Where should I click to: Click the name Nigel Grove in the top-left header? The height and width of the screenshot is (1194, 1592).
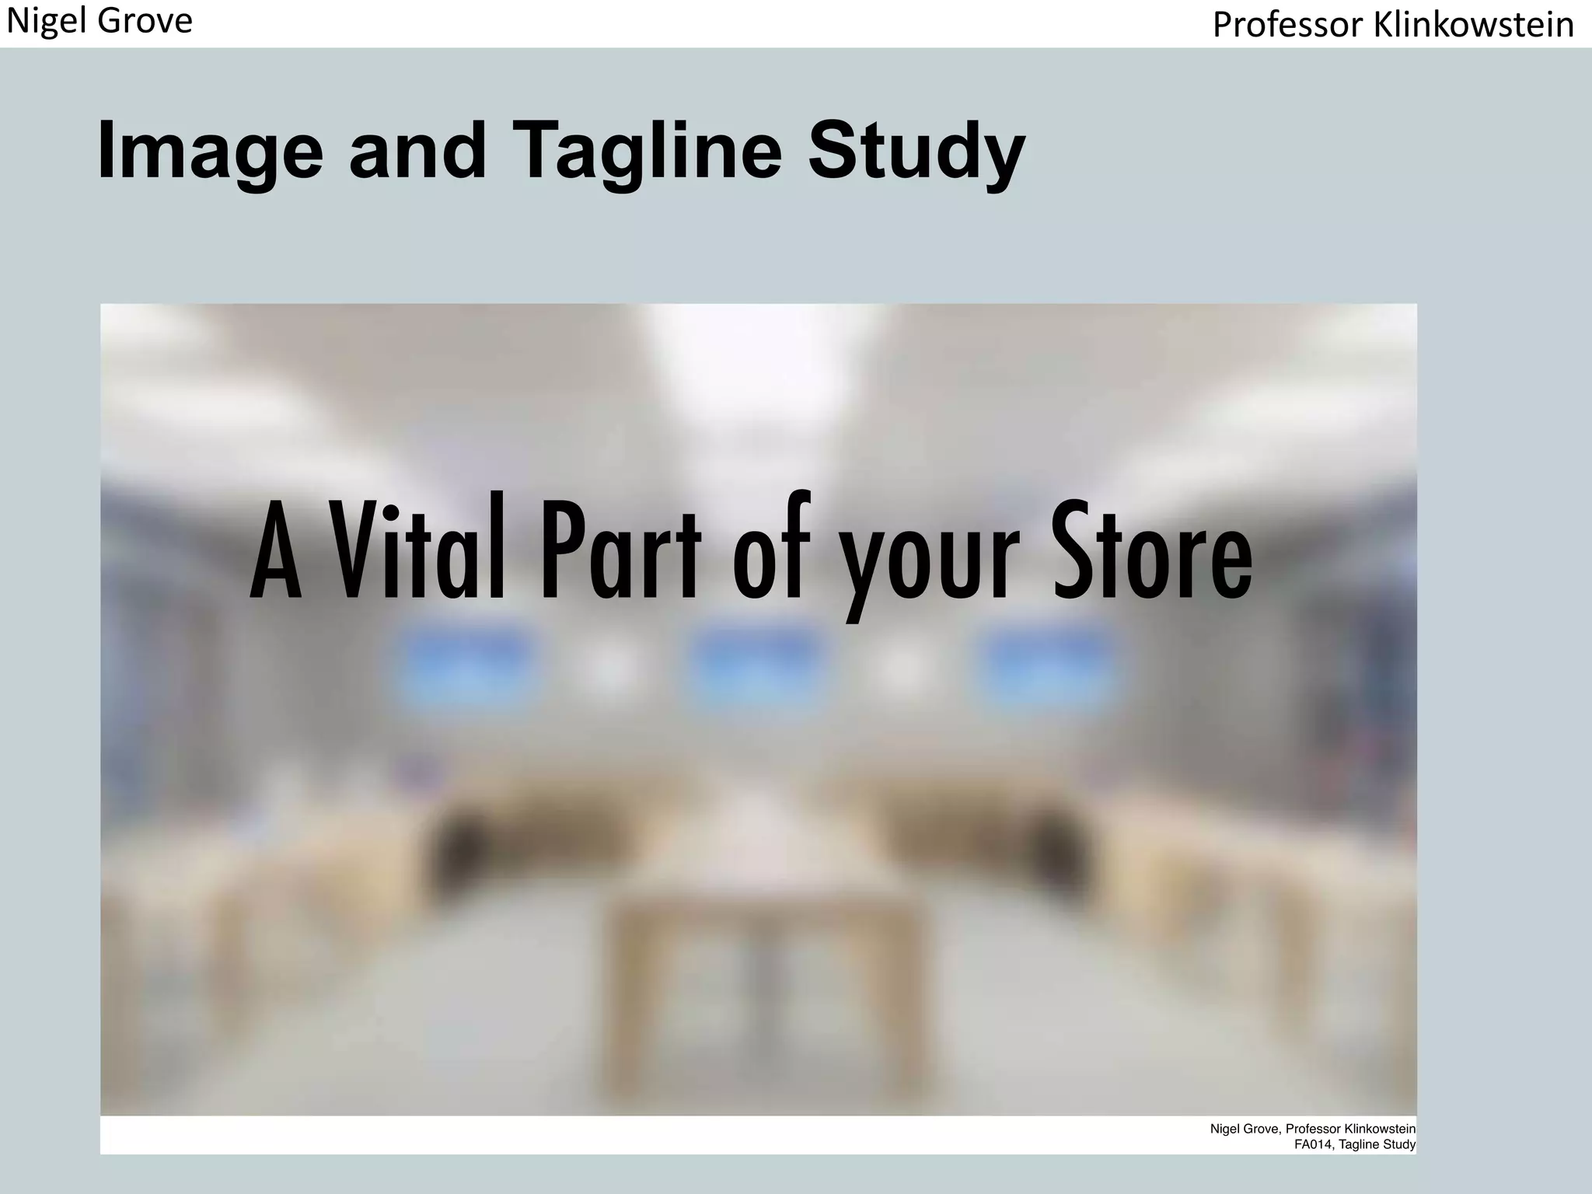(99, 21)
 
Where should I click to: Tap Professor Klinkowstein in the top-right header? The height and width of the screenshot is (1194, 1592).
(1393, 25)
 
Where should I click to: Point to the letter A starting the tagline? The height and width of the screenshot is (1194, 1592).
(276, 552)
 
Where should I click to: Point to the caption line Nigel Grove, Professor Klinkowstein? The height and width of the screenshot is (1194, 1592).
(1312, 1129)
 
